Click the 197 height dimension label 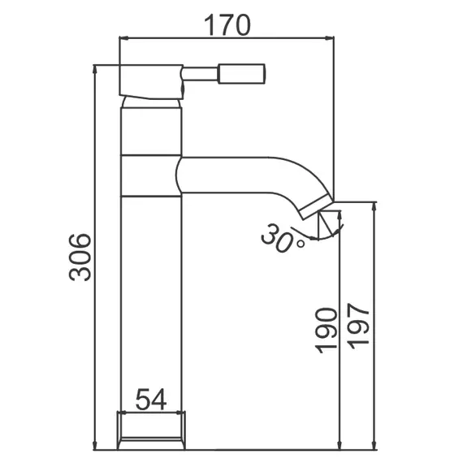[x=358, y=325]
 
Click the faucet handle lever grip [x=241, y=74]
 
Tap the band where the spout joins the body [x=150, y=175]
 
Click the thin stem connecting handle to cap [x=200, y=74]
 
